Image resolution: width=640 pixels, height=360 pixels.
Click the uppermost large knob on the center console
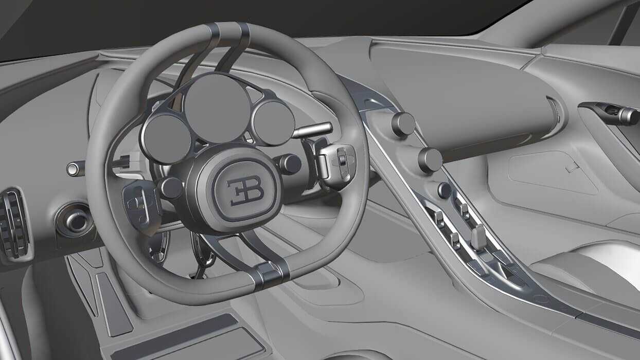[403, 124]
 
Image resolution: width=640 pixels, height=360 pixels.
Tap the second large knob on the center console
[430, 160]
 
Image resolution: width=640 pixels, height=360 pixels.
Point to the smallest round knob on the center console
[445, 190]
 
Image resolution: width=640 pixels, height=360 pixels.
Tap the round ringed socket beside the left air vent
[76, 221]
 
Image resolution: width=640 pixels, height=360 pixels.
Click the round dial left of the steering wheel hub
[170, 188]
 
